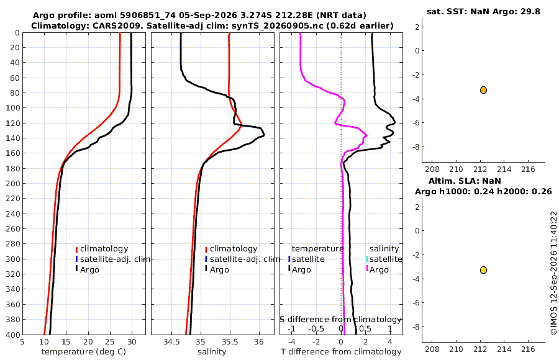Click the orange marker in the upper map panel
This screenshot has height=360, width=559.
483,90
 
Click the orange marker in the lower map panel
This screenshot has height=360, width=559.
483,270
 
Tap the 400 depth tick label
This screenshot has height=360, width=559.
13,335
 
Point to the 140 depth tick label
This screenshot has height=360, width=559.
13,138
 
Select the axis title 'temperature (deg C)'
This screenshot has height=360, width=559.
84,352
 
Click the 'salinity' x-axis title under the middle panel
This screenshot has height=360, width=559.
212,352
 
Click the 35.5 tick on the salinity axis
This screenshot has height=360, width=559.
230,342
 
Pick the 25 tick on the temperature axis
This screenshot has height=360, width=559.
110,342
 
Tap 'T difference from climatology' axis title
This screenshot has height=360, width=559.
341,352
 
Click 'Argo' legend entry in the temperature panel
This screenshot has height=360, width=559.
89,269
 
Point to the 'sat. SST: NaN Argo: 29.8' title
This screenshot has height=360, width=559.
483,11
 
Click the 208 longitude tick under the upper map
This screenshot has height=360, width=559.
432,169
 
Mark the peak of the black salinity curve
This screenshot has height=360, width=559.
264,134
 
